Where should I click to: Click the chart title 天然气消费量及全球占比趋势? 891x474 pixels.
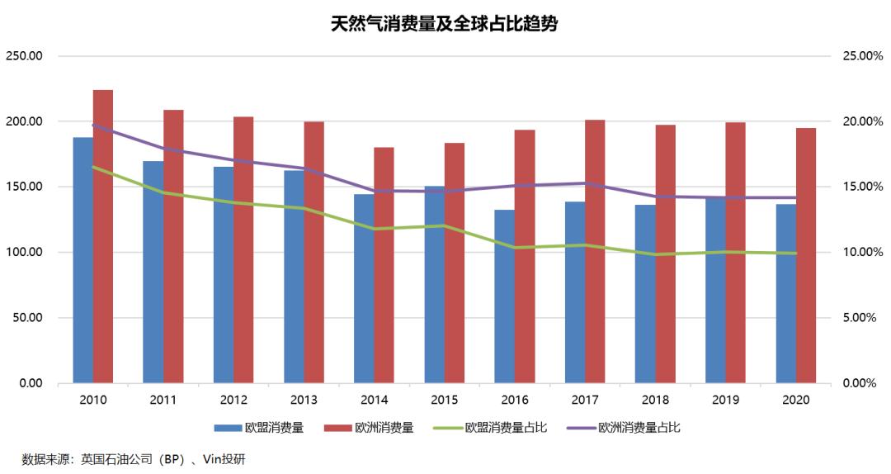click(445, 24)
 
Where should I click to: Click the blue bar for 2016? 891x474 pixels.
click(505, 296)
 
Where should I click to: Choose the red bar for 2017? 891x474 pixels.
click(595, 252)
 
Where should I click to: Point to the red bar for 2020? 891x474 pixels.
click(806, 255)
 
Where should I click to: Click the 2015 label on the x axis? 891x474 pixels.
click(444, 400)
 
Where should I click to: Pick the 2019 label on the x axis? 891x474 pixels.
click(725, 400)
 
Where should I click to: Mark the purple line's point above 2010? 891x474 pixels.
click(93, 126)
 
